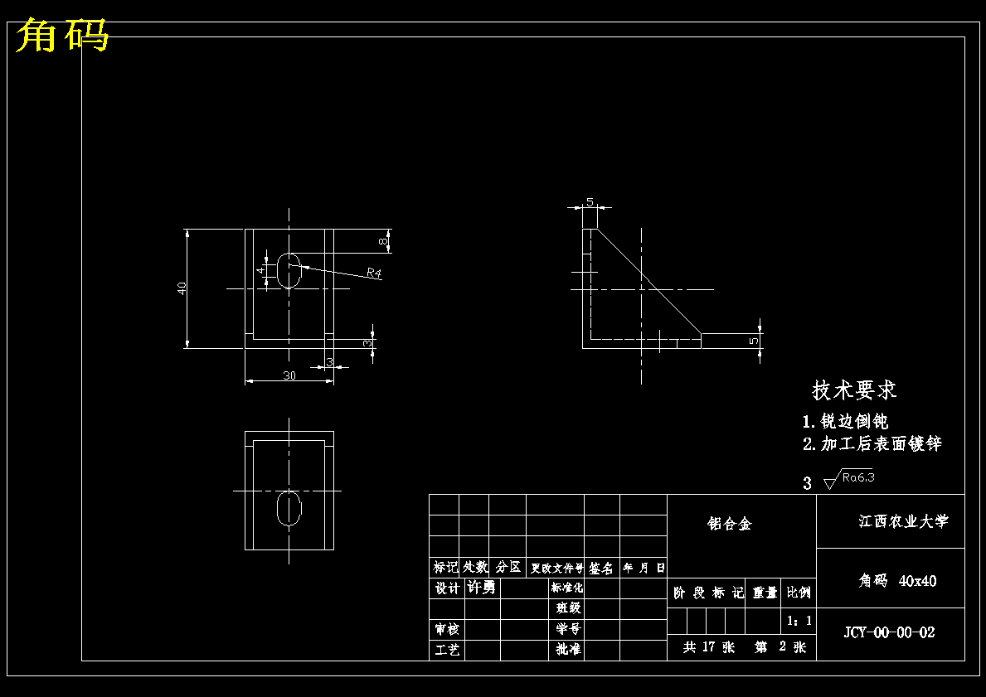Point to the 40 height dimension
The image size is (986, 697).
(x=182, y=288)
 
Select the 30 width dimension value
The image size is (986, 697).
(x=289, y=375)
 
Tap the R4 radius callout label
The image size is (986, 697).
(x=373, y=273)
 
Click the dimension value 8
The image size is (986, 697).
(x=382, y=242)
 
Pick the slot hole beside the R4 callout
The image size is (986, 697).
(x=289, y=270)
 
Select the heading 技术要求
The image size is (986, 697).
(x=854, y=390)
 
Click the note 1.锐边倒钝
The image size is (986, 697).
(x=845, y=421)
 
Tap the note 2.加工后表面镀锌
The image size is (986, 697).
(x=872, y=444)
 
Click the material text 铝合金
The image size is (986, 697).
(x=729, y=524)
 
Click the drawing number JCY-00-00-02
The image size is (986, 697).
(x=889, y=632)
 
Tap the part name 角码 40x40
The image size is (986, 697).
(x=897, y=581)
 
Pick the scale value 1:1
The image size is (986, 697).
(x=799, y=620)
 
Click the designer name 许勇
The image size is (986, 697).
(x=482, y=588)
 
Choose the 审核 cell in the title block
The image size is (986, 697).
(x=447, y=629)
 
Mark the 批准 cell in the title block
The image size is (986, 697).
(x=568, y=650)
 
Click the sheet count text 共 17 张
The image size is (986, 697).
(x=709, y=647)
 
